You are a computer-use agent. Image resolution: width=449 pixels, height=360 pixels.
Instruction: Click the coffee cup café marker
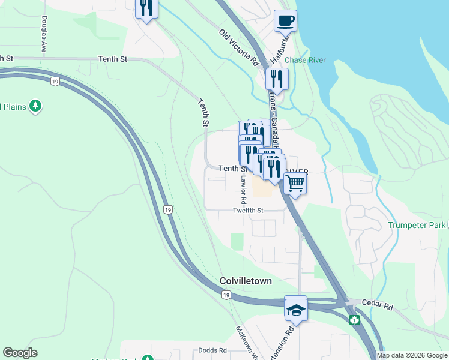pos(285,21)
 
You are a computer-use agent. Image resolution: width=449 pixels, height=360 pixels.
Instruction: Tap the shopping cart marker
pos(295,183)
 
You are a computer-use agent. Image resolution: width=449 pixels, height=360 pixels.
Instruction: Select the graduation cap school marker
pos(296,309)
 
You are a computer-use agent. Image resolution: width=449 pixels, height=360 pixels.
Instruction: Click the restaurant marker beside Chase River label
pos(277,79)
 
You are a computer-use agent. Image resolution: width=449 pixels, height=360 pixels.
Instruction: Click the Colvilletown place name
pos(246,281)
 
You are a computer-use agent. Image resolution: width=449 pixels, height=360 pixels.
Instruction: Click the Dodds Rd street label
pos(213,350)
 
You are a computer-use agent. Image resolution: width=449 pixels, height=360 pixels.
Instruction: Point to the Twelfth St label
pos(249,211)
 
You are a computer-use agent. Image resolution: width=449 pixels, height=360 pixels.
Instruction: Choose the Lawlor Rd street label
pos(244,188)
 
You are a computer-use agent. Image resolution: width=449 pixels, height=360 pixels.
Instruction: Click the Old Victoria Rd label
pos(238,48)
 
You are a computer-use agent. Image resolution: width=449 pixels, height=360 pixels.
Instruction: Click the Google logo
pos(20,353)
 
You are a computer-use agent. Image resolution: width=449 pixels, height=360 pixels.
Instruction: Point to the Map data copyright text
pos(412,355)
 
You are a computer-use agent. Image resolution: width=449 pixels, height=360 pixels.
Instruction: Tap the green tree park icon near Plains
pos(37,106)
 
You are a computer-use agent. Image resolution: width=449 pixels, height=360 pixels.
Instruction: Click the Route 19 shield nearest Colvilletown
pos(226,295)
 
